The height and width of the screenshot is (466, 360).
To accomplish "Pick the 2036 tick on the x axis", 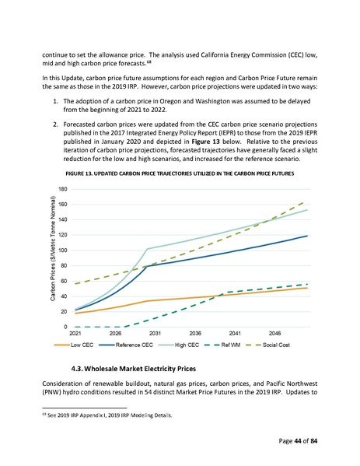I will (x=196, y=333).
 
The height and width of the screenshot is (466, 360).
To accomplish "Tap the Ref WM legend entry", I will (x=246, y=343).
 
